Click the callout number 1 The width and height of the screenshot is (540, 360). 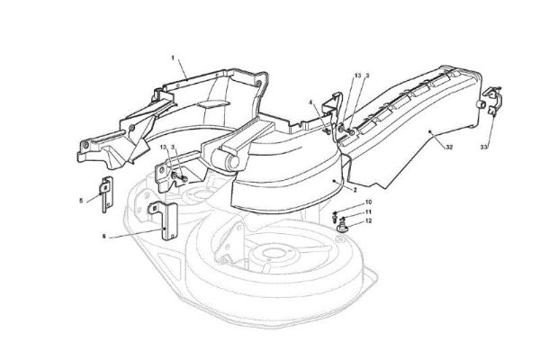173,58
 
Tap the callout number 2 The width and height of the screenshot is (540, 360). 355,190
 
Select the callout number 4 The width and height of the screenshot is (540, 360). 310,103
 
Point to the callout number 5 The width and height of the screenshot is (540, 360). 81,200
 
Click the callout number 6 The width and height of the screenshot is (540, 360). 104,237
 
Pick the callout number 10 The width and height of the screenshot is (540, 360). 368,202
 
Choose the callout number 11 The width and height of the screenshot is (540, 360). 368,211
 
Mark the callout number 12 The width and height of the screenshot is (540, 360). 368,220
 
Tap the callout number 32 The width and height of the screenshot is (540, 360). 449,147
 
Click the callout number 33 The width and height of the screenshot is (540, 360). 484,147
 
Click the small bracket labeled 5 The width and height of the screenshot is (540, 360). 107,194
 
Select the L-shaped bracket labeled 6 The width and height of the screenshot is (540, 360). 165,220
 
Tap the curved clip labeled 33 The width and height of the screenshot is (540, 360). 493,100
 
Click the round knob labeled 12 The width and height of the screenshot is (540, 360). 342,228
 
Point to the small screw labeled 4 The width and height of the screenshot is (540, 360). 328,130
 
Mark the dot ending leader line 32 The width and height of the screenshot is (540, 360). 430,131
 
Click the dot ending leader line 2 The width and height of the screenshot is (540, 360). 334,180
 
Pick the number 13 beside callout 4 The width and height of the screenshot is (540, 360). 358,76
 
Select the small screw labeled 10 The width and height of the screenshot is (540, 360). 335,214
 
